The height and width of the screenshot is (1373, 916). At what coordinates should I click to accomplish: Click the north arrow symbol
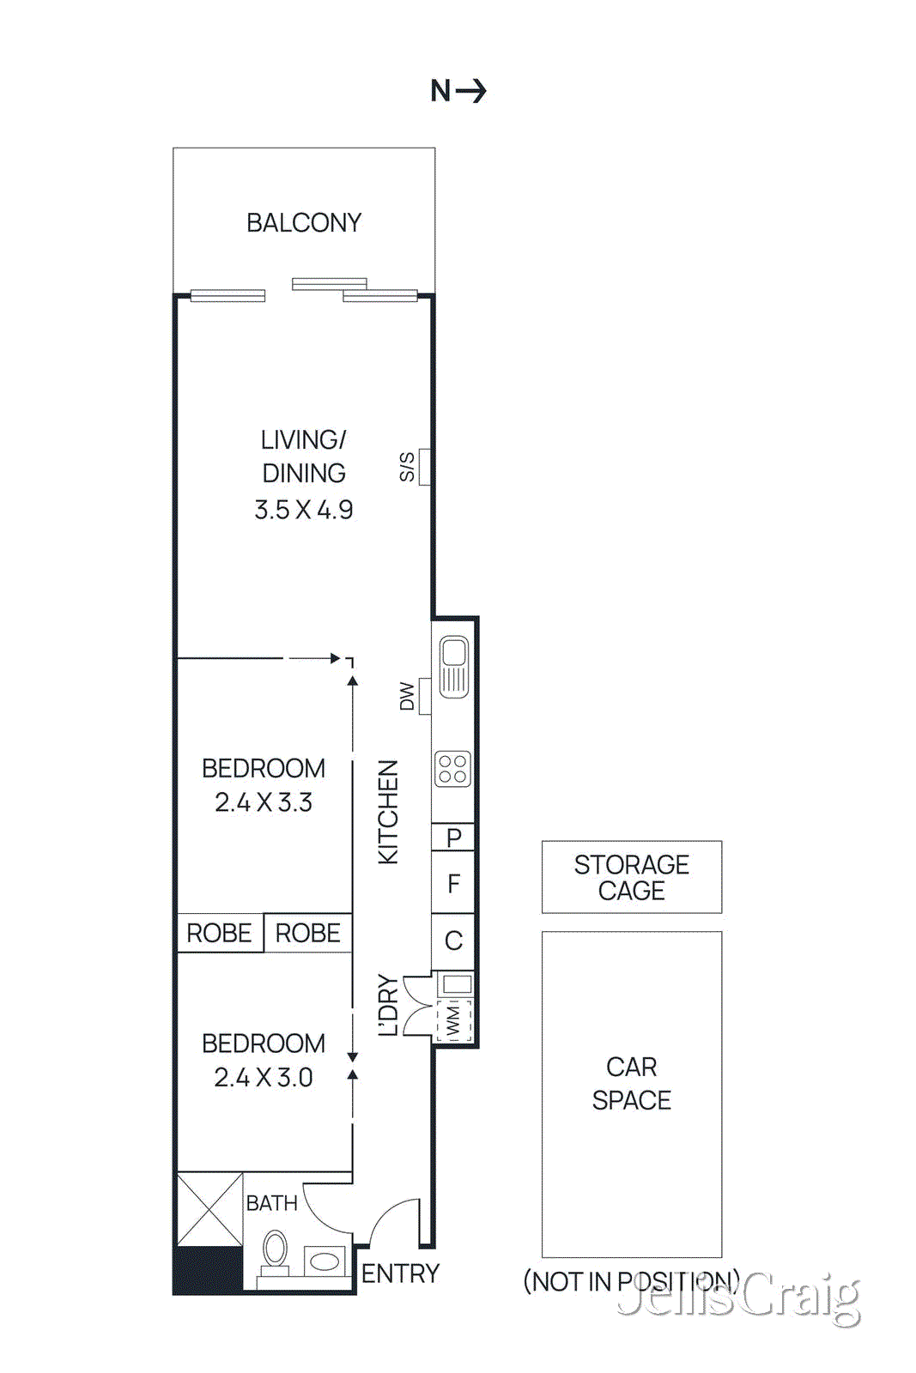470,90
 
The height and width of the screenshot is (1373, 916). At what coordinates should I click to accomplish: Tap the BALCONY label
304,223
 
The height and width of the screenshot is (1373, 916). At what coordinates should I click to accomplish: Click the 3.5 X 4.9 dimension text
304,510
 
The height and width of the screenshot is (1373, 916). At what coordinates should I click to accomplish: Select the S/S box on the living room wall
424,467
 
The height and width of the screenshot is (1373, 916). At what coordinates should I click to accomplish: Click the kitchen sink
453,666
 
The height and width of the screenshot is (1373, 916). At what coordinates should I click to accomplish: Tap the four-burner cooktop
452,769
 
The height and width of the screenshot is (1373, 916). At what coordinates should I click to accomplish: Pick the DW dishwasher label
408,696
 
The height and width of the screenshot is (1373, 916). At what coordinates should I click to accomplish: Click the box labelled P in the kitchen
453,837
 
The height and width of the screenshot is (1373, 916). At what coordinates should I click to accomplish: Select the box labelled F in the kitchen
453,883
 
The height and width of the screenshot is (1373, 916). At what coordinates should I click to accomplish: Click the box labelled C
453,941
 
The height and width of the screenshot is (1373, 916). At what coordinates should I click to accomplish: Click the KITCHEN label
389,812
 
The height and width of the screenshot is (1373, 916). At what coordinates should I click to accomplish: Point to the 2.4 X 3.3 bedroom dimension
264,802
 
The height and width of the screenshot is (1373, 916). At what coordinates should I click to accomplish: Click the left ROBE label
219,933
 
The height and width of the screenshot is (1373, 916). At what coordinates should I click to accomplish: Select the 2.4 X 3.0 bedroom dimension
264,1077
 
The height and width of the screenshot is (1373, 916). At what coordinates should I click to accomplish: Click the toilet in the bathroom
275,1252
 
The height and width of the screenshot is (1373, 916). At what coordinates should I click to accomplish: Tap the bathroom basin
325,1261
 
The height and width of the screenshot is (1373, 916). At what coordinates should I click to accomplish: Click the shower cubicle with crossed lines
209,1209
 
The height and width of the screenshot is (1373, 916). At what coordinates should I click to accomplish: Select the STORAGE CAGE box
631,877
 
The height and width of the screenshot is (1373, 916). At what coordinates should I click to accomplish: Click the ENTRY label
400,1273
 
